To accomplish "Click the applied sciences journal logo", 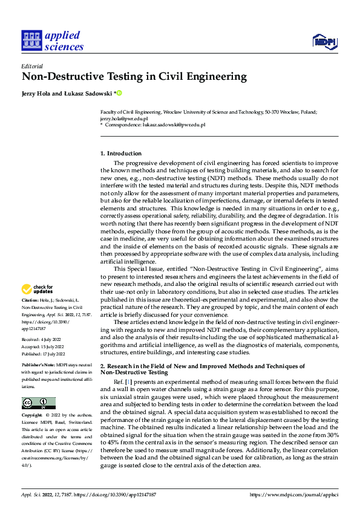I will (x=52, y=40).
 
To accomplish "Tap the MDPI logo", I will (x=324, y=41).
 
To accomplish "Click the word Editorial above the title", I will (x=31, y=65).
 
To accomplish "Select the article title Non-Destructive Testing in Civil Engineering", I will (x=134, y=77).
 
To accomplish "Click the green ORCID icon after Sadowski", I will (x=120, y=92).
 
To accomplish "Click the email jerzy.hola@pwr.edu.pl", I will (x=124, y=119).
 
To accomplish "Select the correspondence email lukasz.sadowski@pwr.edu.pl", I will (x=172, y=125).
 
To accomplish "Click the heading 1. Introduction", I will (x=121, y=154).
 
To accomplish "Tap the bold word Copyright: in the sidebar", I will (x=33, y=416).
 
